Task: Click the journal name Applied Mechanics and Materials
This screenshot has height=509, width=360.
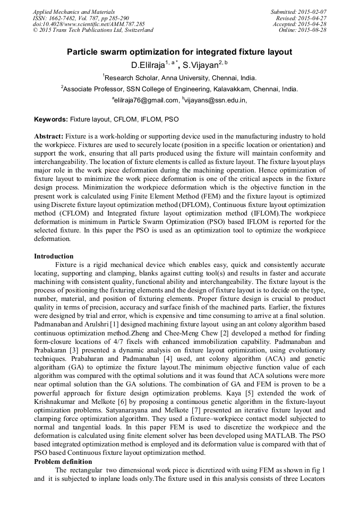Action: point(73,12)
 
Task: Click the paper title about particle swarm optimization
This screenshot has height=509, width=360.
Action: point(179,52)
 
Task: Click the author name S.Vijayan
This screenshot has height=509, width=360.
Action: point(202,65)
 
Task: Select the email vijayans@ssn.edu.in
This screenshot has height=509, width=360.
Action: point(215,100)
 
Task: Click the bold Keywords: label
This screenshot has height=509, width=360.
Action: point(51,119)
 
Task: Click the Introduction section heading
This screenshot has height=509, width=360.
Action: point(54,256)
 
